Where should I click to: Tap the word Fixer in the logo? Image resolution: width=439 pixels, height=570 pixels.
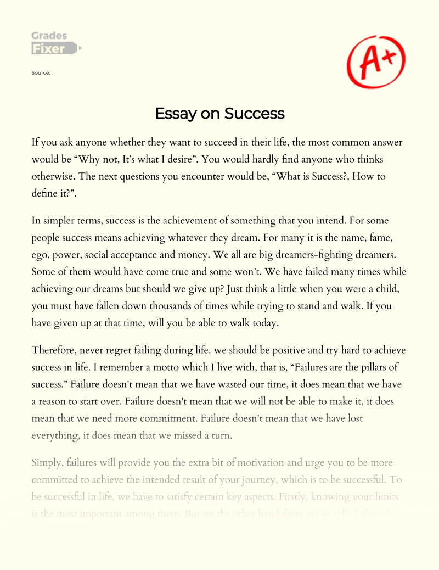click(48, 48)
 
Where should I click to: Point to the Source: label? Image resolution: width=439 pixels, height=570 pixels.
click(41, 72)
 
